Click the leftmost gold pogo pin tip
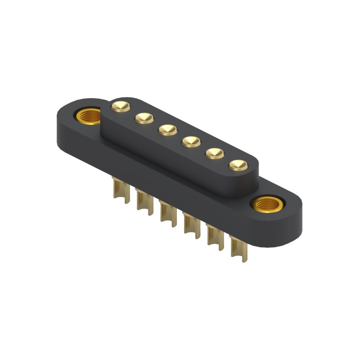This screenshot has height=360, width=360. [121, 106]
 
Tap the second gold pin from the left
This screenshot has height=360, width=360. [144, 118]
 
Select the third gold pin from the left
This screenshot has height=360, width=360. [168, 130]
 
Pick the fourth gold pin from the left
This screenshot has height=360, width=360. [191, 142]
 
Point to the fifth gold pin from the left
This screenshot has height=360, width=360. [215, 154]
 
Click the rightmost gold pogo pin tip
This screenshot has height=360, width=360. [238, 166]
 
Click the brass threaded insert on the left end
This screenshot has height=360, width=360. [88, 117]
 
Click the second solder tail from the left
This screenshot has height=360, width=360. [144, 202]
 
